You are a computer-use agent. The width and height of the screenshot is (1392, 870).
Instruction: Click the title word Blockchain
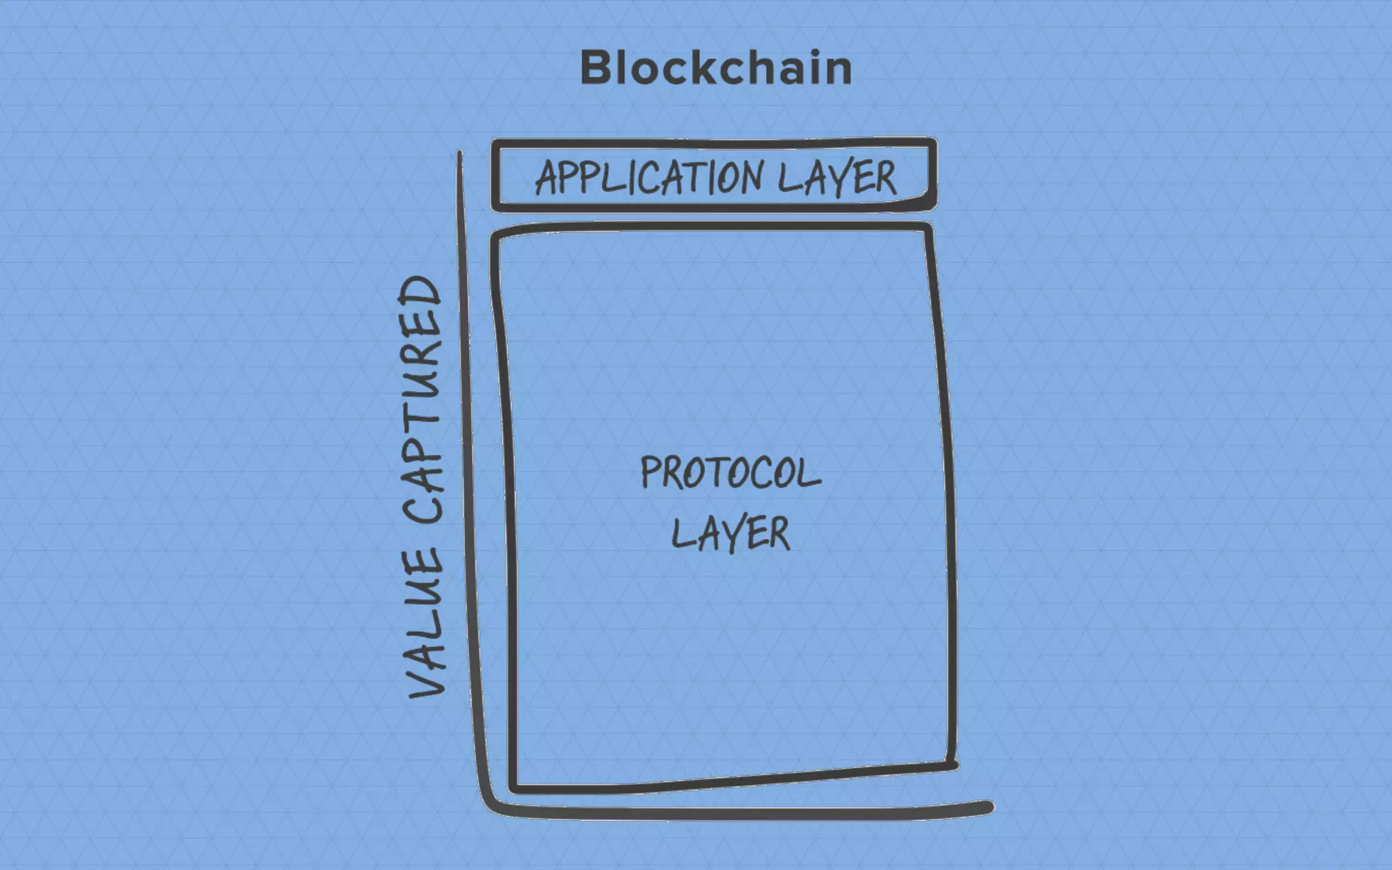(x=716, y=68)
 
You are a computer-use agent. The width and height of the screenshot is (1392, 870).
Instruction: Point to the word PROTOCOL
(x=731, y=472)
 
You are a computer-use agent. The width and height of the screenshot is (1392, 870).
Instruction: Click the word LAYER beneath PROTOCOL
(x=731, y=534)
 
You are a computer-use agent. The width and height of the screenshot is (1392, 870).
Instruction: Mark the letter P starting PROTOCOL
(x=650, y=472)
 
